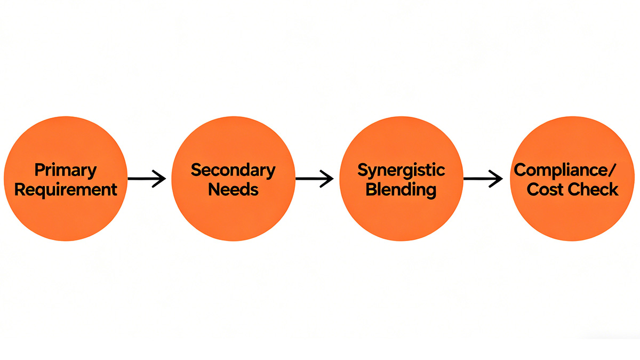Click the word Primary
pyautogui.click(x=66, y=171)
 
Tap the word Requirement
pyautogui.click(x=66, y=189)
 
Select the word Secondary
pyautogui.click(x=233, y=170)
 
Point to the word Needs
pyautogui.click(x=233, y=189)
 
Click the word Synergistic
pyautogui.click(x=401, y=170)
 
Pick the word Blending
pyautogui.click(x=401, y=189)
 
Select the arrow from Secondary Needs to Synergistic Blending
pyautogui.click(x=314, y=179)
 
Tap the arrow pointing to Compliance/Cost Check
pyautogui.click(x=482, y=179)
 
